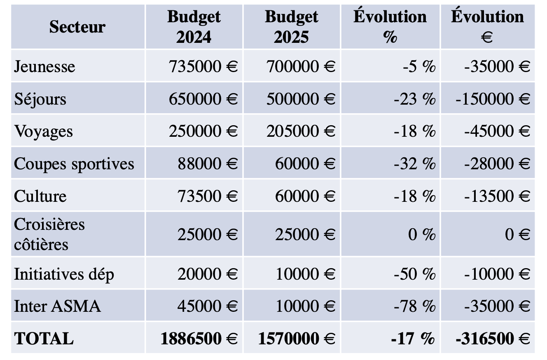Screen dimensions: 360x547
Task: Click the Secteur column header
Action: click(x=77, y=27)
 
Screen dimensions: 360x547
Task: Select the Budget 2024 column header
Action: click(x=194, y=27)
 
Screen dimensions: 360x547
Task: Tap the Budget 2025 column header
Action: click(x=291, y=27)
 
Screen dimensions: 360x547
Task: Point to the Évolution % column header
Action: click(x=390, y=27)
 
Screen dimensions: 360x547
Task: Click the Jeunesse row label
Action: click(x=44, y=66)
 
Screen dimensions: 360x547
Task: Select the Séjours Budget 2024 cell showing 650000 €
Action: click(x=203, y=99)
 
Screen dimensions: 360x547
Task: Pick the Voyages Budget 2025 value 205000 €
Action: click(x=301, y=131)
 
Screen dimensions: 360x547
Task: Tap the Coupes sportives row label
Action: click(x=74, y=164)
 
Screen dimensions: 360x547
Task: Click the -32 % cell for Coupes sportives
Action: click(x=414, y=164)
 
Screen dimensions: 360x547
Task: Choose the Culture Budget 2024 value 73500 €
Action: click(x=208, y=196)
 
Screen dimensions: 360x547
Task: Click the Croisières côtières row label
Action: click(x=49, y=234)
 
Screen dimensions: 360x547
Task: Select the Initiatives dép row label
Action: click(x=64, y=274)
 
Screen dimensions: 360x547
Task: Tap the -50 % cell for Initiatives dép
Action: click(x=414, y=274)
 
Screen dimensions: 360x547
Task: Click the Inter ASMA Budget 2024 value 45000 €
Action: click(x=208, y=306)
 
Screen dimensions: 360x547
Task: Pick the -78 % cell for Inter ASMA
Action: click(x=414, y=306)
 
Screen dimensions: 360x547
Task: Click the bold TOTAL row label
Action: click(x=44, y=339)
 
